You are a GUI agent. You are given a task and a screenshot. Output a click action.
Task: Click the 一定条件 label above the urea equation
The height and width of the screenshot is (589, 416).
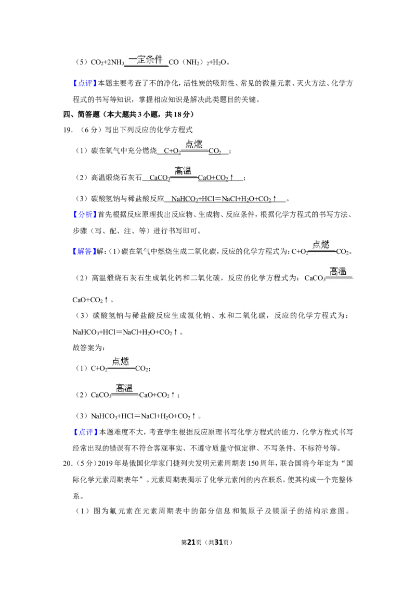146,59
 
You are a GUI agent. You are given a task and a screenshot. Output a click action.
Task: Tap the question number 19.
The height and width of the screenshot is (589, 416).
68,130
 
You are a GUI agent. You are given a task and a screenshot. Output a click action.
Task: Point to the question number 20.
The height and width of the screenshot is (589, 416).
68,464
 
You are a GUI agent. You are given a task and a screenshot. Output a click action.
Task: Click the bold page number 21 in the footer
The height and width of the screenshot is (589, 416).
191,542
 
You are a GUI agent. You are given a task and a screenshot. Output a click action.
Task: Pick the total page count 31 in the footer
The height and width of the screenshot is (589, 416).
218,542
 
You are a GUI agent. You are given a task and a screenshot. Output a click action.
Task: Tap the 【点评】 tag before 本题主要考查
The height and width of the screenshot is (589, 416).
84,83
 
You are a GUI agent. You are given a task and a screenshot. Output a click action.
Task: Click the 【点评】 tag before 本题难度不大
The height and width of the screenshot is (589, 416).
84,432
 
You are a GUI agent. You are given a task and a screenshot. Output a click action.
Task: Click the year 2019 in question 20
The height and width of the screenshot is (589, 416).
106,464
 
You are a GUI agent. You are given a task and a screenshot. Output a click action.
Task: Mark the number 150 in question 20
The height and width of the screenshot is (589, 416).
253,464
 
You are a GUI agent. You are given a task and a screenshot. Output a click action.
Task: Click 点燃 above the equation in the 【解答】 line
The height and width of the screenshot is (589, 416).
321,245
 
